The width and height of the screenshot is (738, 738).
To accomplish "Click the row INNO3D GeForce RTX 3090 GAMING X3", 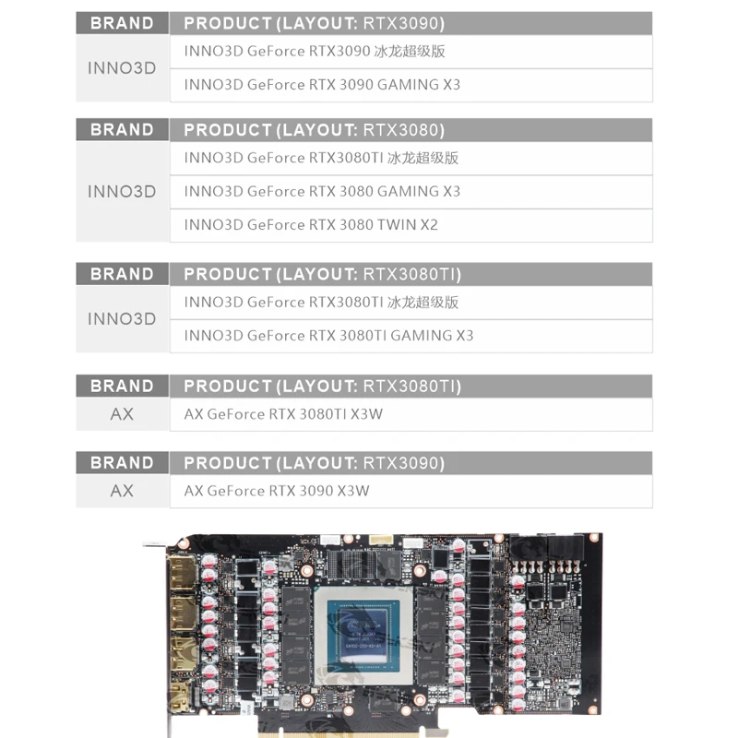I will tap(411, 85).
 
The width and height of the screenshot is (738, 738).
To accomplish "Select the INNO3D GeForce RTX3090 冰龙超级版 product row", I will tap(411, 52).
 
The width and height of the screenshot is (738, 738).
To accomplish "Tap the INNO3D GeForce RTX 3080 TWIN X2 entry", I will tap(411, 225).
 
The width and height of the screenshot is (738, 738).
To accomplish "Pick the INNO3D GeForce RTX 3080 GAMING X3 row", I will tap(411, 192).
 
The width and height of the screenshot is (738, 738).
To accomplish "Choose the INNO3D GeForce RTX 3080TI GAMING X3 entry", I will tap(411, 336).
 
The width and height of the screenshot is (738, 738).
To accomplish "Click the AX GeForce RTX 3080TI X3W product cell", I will tap(411, 414).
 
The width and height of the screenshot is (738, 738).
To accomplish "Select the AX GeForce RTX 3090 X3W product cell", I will tap(411, 491).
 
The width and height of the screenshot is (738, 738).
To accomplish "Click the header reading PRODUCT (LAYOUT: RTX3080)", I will tap(411, 130).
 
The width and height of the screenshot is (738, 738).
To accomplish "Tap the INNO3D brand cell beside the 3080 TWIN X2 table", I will tap(122, 192).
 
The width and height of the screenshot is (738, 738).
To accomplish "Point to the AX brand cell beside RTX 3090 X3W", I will tap(122, 491).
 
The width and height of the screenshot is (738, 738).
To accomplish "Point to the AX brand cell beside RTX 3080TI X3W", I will tap(122, 414).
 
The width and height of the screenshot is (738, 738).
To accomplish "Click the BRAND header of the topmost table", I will tap(122, 23).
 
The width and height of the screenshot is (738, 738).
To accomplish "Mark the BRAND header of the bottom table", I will tap(122, 463).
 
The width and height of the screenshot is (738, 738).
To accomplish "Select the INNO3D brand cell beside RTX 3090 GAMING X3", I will tap(122, 68).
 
